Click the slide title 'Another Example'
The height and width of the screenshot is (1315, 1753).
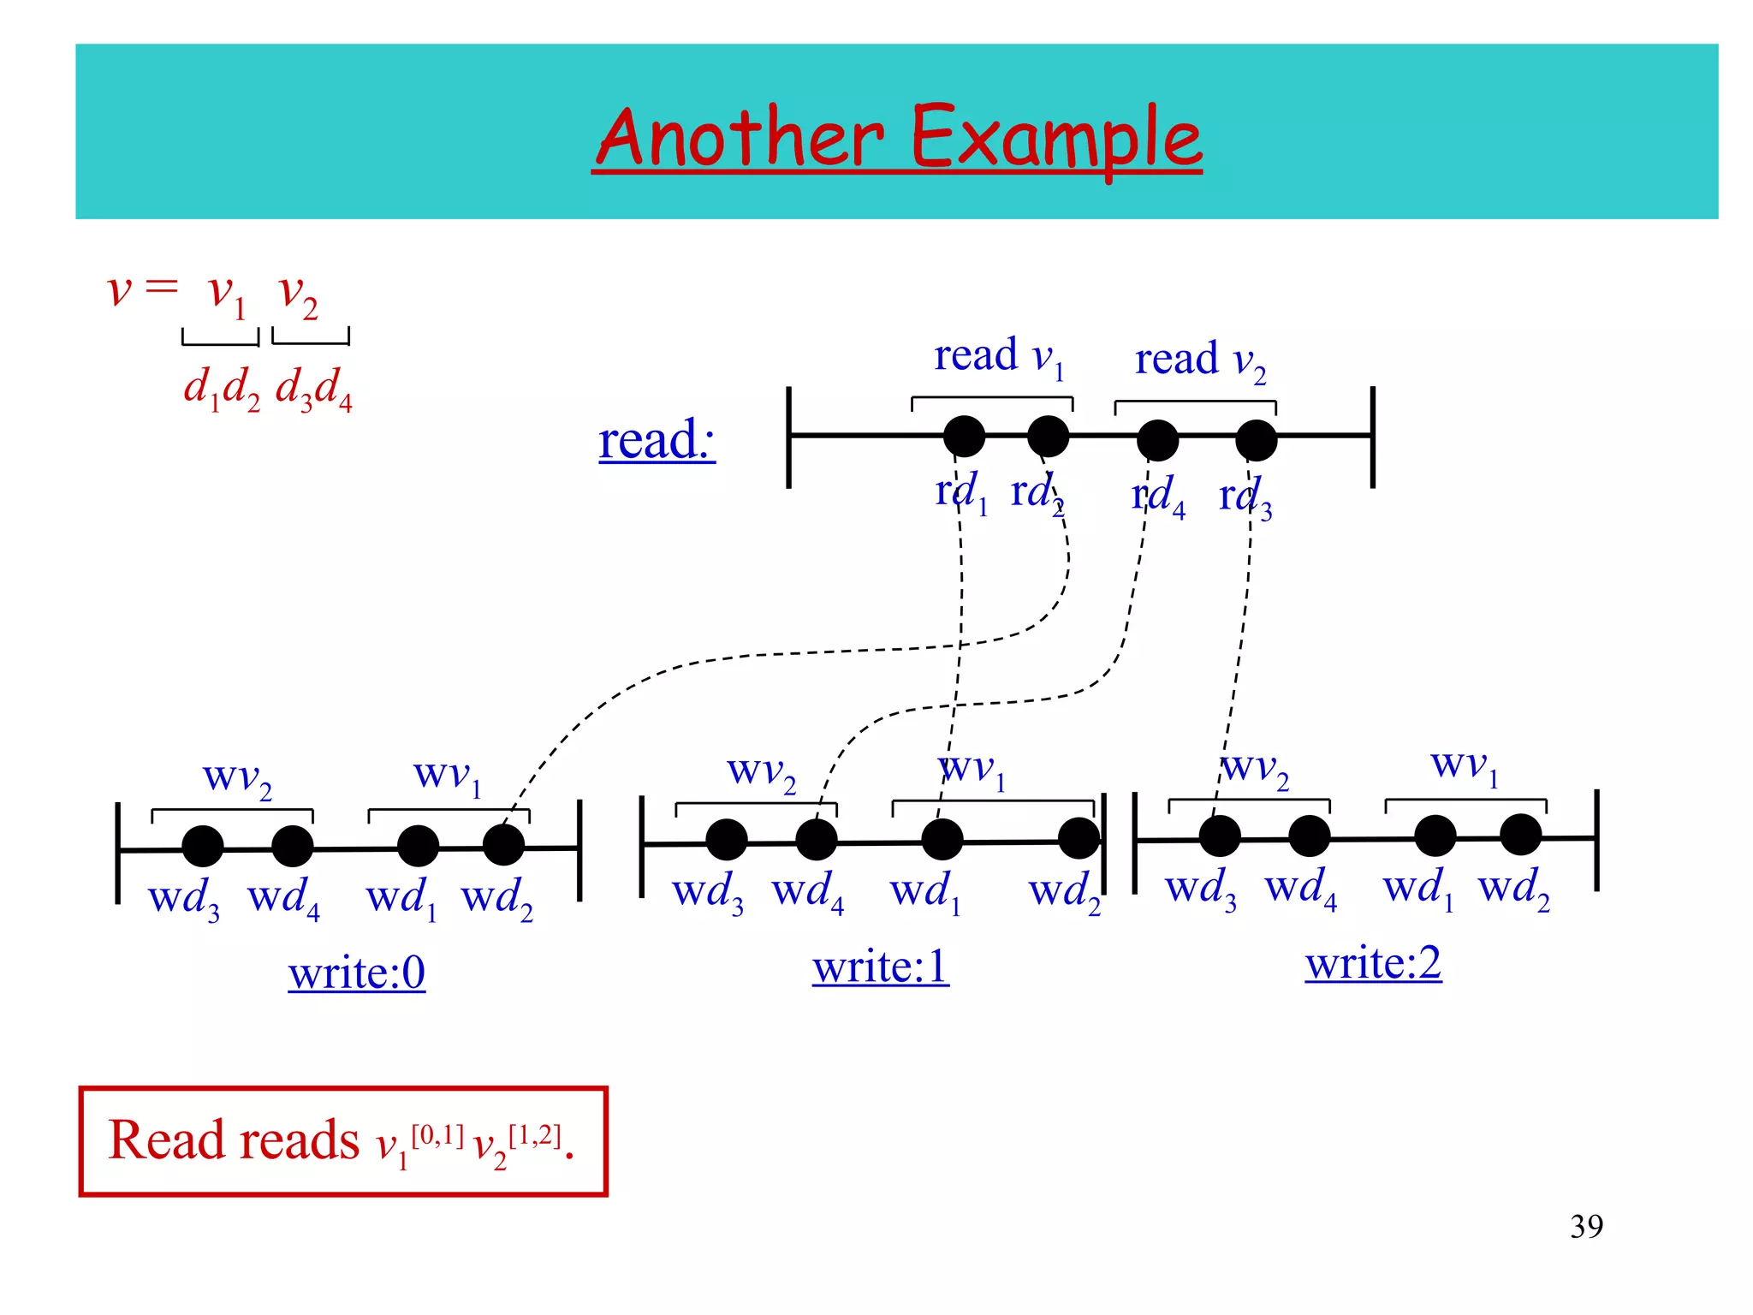[896, 138]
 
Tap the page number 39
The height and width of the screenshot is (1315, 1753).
[1586, 1226]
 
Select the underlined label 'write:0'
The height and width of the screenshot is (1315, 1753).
[356, 973]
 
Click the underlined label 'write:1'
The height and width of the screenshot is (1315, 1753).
[880, 967]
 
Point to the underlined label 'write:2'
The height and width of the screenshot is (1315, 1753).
[1373, 963]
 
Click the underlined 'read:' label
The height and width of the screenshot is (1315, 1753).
[657, 441]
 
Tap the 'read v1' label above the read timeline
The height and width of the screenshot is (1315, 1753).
[998, 356]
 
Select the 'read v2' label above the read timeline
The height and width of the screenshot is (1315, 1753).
[1199, 360]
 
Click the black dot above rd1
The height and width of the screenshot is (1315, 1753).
[964, 437]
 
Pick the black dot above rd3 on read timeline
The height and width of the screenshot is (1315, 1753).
[1256, 441]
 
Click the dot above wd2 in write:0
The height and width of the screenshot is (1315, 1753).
[503, 845]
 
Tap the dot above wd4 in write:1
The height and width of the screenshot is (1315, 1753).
[816, 839]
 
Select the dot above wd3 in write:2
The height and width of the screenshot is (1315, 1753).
[1220, 836]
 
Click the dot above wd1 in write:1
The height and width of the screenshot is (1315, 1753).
[942, 839]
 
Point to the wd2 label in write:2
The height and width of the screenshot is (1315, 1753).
[1513, 888]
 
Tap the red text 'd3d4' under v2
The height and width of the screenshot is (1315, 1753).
[313, 390]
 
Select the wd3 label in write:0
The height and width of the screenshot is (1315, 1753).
[183, 899]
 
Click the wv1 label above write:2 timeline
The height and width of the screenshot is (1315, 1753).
[1465, 765]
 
